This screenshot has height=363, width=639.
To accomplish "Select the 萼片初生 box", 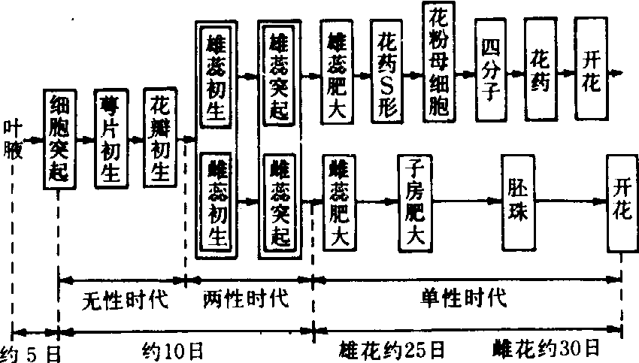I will pyautogui.click(x=111, y=139).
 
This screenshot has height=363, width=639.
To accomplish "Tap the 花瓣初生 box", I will pyautogui.click(x=161, y=139).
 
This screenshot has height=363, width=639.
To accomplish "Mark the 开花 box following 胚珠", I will pyautogui.click(x=622, y=201).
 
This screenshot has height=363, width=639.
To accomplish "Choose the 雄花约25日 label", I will pyautogui.click(x=392, y=350).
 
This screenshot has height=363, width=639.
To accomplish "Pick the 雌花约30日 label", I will pyautogui.click(x=547, y=349).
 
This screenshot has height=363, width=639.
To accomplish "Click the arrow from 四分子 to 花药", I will pyautogui.click(x=516, y=73).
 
